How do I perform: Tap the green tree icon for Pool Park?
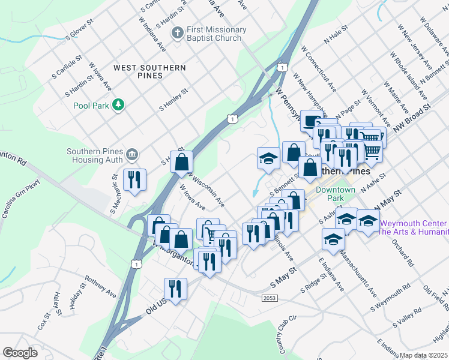click(119, 105)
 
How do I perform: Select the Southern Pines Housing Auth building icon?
click(133, 155)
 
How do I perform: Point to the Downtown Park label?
click(336, 194)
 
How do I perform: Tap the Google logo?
click(20, 352)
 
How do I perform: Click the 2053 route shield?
click(270, 298)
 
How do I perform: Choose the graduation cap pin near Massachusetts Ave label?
click(333, 239)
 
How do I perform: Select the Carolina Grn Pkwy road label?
click(20, 199)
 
